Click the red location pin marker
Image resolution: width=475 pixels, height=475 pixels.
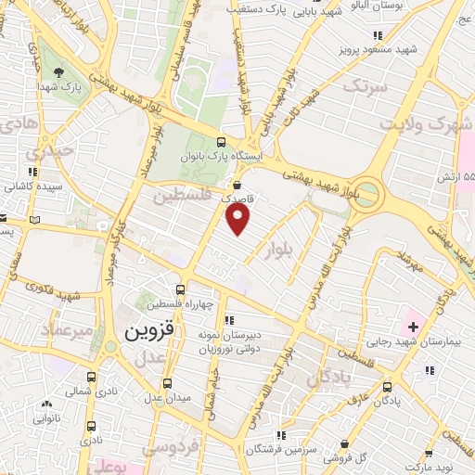(x=239, y=219)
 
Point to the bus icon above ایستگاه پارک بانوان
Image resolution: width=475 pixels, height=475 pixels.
(x=220, y=142)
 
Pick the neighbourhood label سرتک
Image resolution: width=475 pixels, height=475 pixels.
(x=363, y=86)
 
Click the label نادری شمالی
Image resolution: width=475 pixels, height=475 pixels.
(x=82, y=392)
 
